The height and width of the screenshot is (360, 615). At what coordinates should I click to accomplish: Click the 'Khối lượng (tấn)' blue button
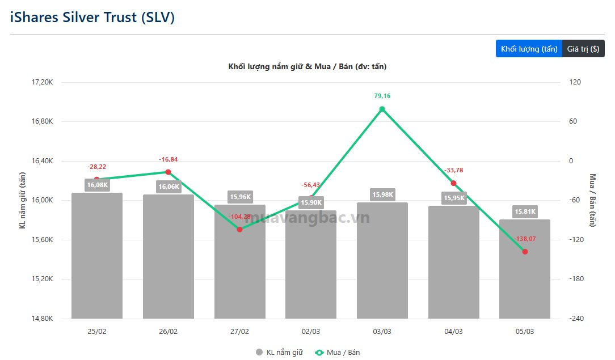point(529,49)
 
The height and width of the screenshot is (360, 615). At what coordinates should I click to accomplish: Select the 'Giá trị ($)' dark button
point(583,49)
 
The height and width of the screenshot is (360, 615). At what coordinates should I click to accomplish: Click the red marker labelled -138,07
point(525,251)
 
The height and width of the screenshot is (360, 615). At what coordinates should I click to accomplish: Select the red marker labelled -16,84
point(169,172)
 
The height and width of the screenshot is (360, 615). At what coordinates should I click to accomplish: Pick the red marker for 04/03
point(453,183)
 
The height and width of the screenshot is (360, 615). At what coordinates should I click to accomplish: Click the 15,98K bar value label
point(382,194)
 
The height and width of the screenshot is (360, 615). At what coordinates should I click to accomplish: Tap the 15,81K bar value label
point(525,211)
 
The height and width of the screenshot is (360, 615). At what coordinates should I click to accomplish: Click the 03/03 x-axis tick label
point(382,332)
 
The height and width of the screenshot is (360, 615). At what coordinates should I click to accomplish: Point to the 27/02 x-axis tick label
point(239,332)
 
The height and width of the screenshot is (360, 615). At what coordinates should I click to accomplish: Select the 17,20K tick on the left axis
point(43,82)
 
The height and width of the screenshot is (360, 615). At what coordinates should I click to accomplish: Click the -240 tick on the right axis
point(577,319)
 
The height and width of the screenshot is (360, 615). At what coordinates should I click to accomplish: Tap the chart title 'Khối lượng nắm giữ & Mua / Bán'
point(307,66)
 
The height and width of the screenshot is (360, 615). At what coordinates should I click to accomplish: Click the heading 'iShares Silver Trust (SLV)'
point(92,17)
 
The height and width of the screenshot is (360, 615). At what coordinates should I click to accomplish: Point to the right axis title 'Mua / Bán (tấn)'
point(593,200)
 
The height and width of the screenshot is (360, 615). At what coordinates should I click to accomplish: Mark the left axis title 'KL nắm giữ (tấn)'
point(23,200)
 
